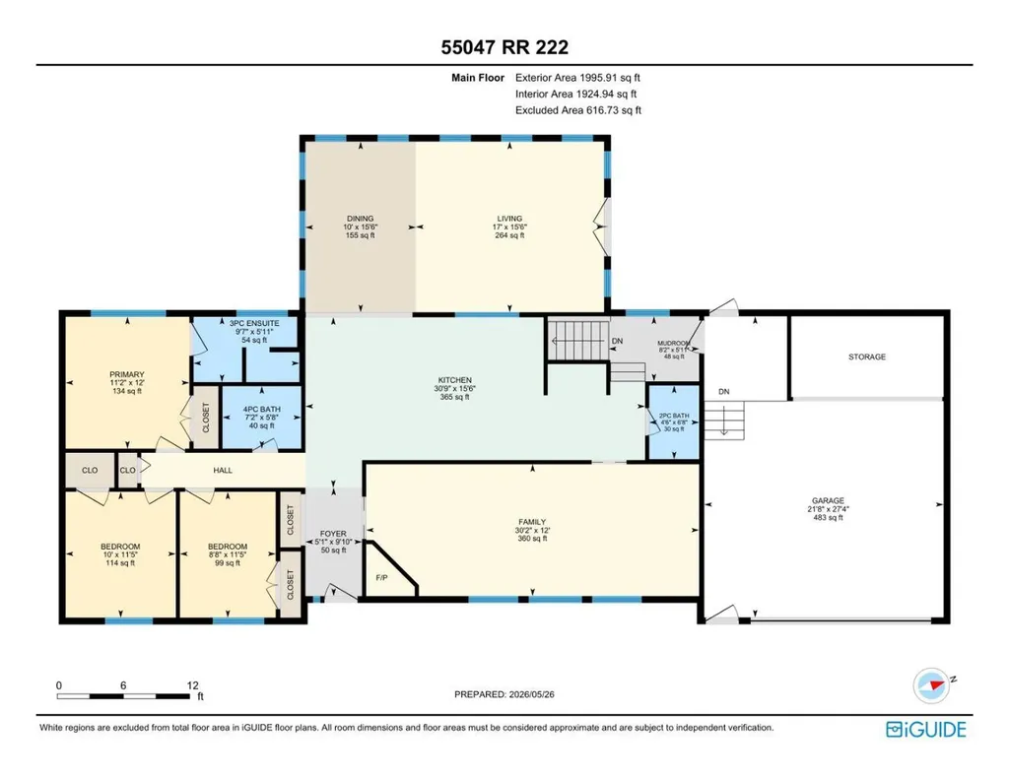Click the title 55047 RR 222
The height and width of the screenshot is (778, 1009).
504,47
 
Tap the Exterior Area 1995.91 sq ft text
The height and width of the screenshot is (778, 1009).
577,78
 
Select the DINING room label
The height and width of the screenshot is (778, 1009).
360,219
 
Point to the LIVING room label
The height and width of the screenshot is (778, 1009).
509,219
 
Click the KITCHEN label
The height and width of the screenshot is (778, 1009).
455,380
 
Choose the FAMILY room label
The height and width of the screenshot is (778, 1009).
532,522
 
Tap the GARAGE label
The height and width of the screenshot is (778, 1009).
828,500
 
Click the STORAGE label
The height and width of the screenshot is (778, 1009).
867,357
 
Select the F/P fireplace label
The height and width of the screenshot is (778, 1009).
381,578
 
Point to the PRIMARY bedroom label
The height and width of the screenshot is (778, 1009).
127,374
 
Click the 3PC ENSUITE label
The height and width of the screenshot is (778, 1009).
254,323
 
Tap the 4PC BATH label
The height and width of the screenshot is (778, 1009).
261,409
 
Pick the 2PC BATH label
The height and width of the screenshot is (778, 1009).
674,416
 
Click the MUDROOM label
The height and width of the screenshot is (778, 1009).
674,344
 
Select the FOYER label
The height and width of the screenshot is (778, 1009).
333,534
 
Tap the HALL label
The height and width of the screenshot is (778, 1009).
223,470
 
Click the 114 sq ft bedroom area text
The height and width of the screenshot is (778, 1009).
120,563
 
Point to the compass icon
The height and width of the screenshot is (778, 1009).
931,685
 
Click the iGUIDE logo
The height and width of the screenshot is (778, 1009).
926,729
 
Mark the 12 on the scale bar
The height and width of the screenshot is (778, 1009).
192,685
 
